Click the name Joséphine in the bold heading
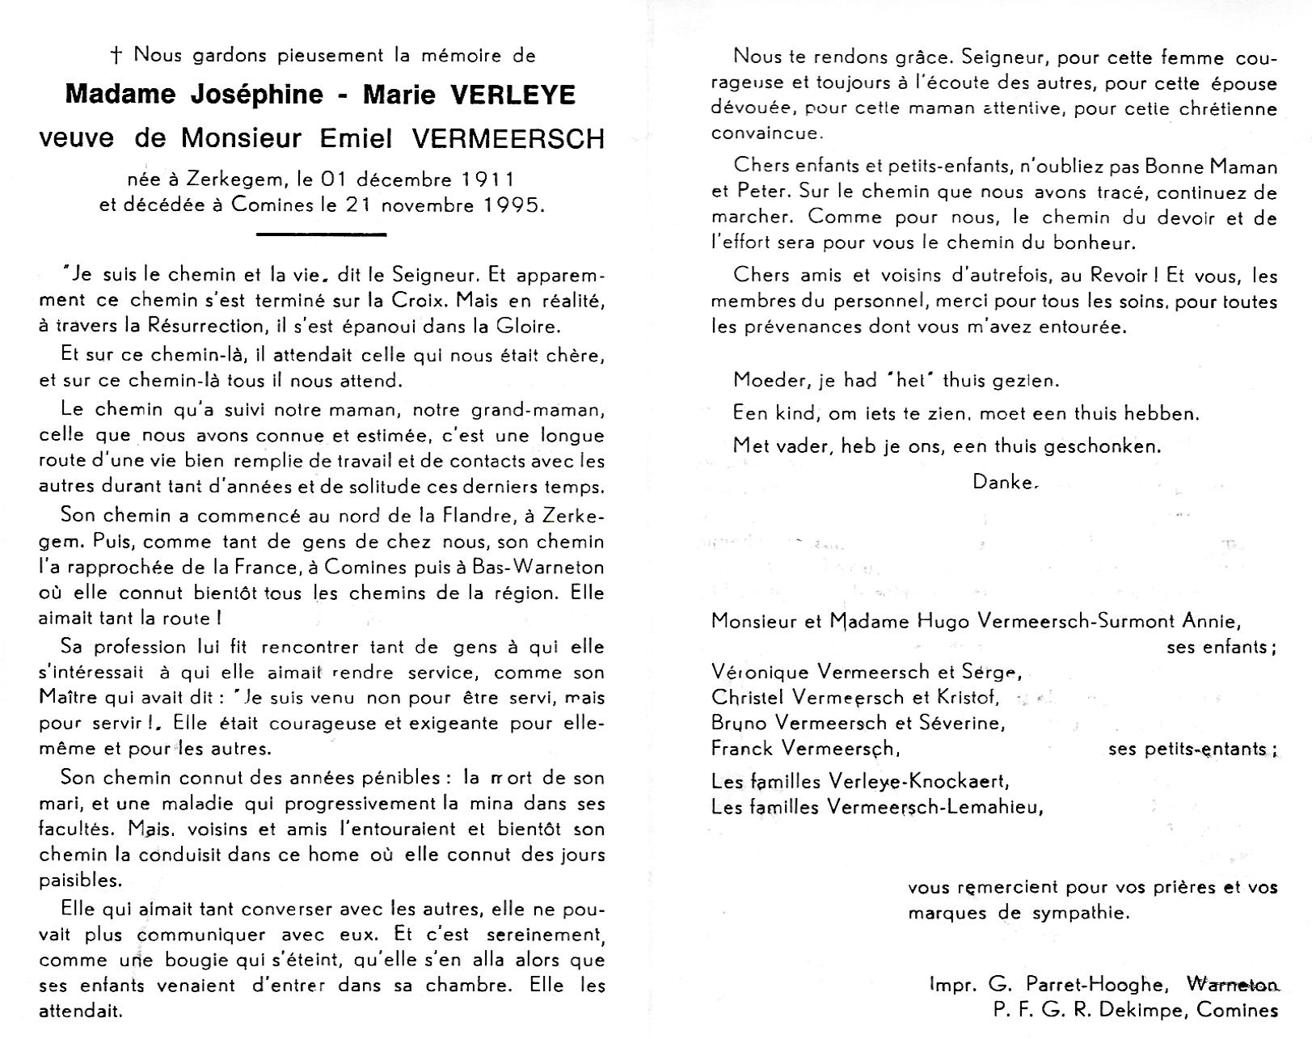click(x=243, y=95)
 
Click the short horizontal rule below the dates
click(x=321, y=234)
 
